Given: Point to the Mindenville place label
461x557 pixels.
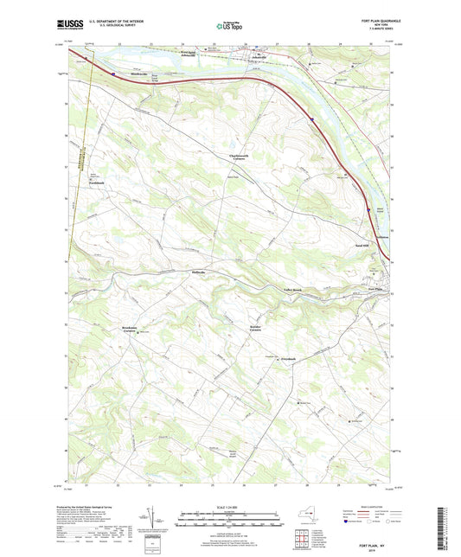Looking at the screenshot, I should [129, 73].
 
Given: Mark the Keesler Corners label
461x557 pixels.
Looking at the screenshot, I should [259, 329].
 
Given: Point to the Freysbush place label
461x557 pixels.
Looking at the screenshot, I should [289, 358].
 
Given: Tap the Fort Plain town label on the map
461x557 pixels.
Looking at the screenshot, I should [374, 288].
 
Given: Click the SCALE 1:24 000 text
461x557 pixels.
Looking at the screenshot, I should [229, 506].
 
